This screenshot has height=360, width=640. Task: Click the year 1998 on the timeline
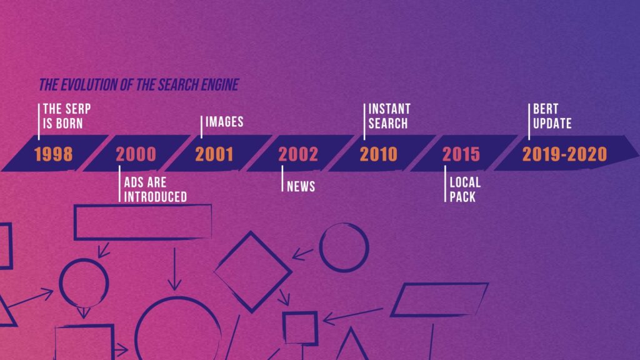pyautogui.click(x=54, y=154)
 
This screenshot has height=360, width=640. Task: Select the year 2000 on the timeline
pyautogui.click(x=136, y=154)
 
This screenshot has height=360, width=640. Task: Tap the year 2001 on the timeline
pyautogui.click(x=214, y=154)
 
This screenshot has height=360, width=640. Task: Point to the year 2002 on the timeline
pyautogui.click(x=298, y=154)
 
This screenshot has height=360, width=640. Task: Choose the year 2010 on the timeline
pyautogui.click(x=378, y=154)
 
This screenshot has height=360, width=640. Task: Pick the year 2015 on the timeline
pyautogui.click(x=461, y=154)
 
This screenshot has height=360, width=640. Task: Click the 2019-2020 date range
pyautogui.click(x=564, y=154)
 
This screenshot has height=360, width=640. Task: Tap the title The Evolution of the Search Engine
pyautogui.click(x=139, y=85)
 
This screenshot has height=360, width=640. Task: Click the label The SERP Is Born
pyautogui.click(x=67, y=116)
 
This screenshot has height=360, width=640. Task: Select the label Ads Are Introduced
pyautogui.click(x=156, y=189)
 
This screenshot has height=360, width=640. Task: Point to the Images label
pyautogui.click(x=224, y=122)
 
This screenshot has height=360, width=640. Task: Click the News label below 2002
pyautogui.click(x=301, y=186)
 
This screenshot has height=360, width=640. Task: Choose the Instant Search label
pyautogui.click(x=389, y=116)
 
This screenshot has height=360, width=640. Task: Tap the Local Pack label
pyautogui.click(x=465, y=189)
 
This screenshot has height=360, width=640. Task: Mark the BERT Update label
pyautogui.click(x=552, y=116)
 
